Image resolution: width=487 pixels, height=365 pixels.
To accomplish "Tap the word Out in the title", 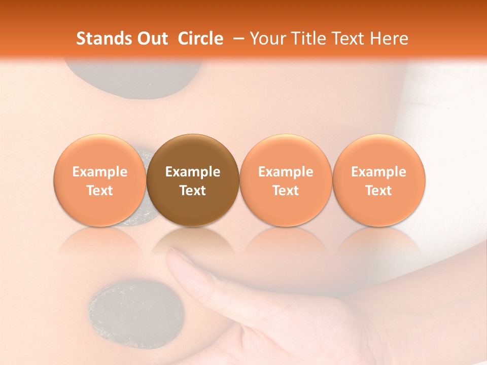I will tap(152, 39).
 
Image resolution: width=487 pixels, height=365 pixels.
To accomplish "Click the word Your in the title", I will tap(266, 39).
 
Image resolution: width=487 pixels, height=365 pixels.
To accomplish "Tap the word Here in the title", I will tap(389, 39).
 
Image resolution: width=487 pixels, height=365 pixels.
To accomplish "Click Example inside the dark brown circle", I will tap(193, 172).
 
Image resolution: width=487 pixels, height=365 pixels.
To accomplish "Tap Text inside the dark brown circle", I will tap(193, 191).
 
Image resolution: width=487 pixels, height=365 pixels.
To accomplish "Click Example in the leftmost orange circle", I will tap(99, 172).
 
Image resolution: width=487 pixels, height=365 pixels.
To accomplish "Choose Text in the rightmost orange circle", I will tap(378, 191).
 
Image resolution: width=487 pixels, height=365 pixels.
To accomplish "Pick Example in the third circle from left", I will tap(286, 172).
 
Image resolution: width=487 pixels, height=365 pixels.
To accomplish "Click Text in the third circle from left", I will tap(286, 191).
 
